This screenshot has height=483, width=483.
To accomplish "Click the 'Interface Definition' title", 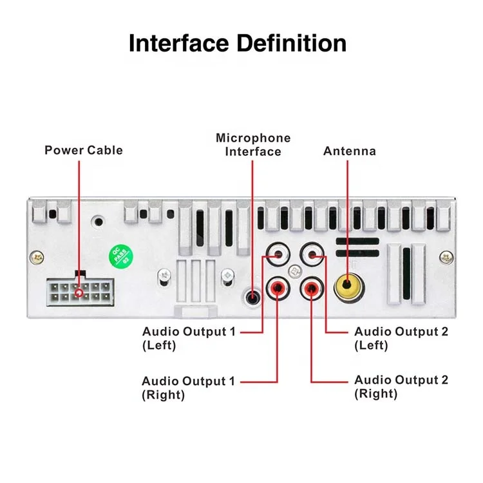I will click(238, 43).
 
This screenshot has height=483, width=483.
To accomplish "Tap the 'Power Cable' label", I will click(83, 150).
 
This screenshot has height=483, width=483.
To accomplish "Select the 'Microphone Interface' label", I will click(253, 145).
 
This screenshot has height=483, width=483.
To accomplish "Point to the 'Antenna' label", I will click(349, 151).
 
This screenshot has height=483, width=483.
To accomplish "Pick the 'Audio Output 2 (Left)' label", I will click(401, 338).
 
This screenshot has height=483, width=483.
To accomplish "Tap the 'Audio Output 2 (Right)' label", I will click(401, 386).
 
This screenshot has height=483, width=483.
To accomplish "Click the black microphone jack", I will click(252, 297).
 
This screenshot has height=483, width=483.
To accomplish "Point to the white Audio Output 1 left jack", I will click(277, 254).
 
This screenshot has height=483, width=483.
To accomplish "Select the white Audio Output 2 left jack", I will click(312, 254).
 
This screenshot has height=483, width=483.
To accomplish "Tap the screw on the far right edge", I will click(445, 258).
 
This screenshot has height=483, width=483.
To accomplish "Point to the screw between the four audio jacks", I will click(294, 270).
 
